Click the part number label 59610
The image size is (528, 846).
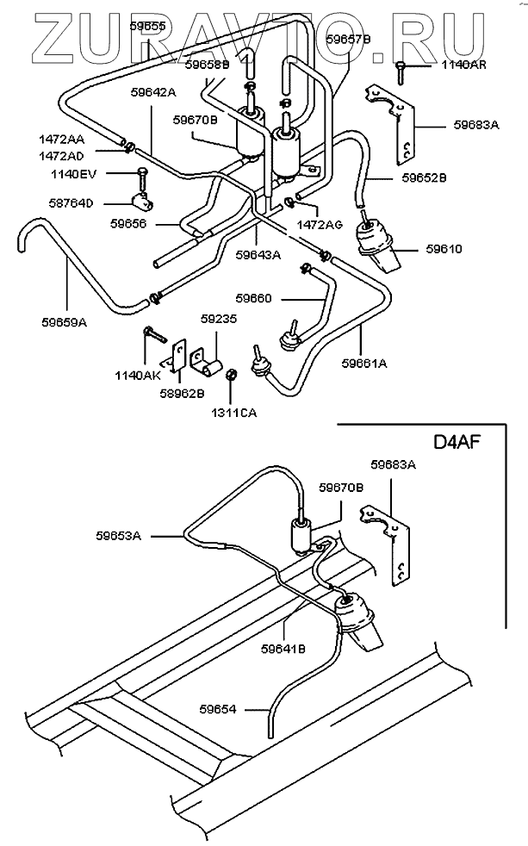[444, 249]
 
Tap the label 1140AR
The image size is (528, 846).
[463, 65]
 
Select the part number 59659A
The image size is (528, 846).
[65, 323]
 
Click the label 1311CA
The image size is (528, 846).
[233, 414]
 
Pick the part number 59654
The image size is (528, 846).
[218, 709]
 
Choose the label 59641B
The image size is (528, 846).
[283, 650]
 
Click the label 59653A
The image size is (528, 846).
[119, 537]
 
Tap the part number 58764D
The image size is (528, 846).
[71, 203]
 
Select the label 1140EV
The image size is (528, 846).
[73, 174]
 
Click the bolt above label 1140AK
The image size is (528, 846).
[152, 333]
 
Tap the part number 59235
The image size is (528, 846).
[219, 320]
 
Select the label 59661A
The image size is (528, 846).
[364, 364]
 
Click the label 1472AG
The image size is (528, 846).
[320, 225]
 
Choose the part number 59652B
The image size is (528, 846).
[424, 177]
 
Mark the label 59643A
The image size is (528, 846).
[258, 255]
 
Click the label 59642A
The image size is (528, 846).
[153, 92]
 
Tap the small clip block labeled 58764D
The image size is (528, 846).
[143, 202]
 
